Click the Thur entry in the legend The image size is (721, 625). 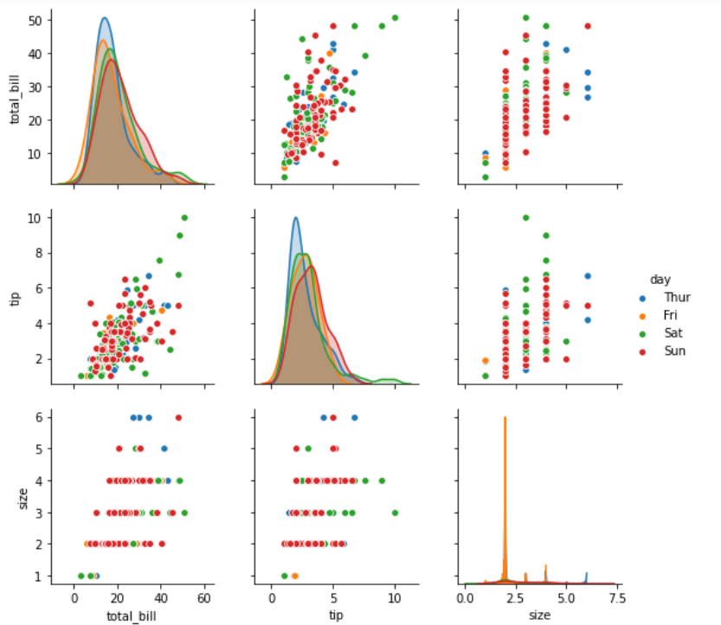(x=677, y=298)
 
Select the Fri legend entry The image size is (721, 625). (x=673, y=316)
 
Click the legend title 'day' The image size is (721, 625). (x=661, y=280)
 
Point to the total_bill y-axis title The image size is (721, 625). (x=16, y=97)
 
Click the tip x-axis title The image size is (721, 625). (x=334, y=615)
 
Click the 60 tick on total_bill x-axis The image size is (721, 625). (x=204, y=598)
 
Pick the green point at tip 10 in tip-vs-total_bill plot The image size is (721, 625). (x=184, y=217)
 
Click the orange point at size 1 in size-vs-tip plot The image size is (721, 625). (x=295, y=575)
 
